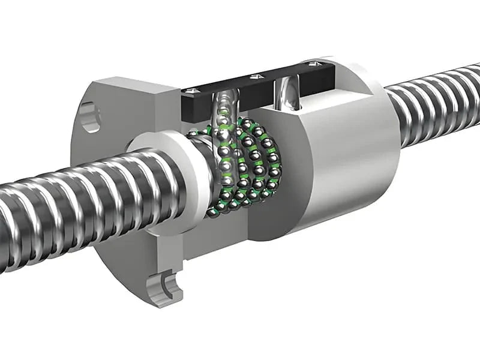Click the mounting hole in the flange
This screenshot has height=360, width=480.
[x=88, y=117]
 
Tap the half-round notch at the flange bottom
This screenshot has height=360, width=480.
[x=169, y=286]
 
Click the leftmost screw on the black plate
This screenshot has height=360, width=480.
[x=190, y=90]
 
